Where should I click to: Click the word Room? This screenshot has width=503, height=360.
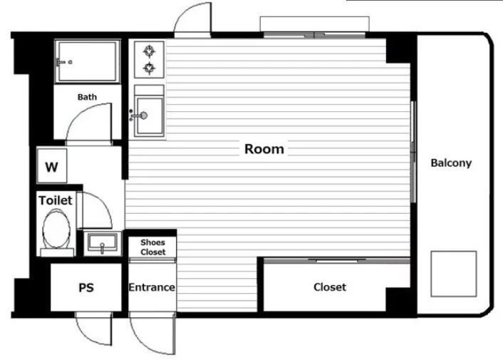(264, 149)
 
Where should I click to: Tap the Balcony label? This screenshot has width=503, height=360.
(451, 163)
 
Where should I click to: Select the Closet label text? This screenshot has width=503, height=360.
(330, 287)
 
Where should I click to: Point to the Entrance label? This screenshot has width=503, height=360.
(152, 287)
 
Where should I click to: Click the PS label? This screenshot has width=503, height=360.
(86, 287)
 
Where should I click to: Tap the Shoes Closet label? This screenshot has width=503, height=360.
(152, 247)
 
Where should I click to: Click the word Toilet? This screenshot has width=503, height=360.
(56, 200)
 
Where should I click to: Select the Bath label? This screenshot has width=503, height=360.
(87, 97)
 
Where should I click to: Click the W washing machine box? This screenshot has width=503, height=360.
(51, 165)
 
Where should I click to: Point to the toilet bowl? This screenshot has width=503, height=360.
(56, 229)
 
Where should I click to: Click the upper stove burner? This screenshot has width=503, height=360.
(149, 51)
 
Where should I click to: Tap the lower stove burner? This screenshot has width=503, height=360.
(149, 68)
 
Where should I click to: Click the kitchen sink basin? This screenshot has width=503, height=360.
(150, 115)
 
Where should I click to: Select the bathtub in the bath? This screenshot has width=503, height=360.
(87, 61)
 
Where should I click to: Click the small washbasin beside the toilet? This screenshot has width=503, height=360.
(103, 244)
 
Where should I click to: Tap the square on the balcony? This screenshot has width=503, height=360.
(454, 274)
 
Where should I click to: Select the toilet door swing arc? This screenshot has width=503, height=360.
(103, 202)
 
